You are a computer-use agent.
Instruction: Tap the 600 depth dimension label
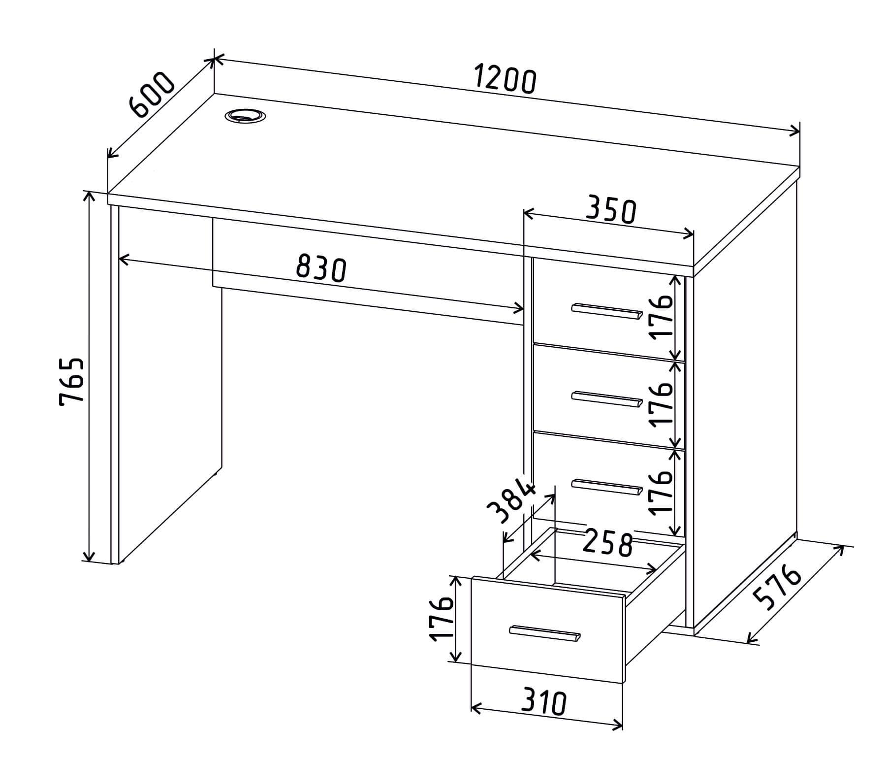[152, 95]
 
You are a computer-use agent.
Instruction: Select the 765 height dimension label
[72, 382]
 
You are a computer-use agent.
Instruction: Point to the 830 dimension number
[321, 269]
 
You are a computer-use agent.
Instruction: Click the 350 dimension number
[611, 210]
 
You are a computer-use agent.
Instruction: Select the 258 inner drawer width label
[607, 543]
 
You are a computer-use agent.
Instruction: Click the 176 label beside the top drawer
[661, 317]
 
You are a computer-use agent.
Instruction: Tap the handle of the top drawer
[607, 311]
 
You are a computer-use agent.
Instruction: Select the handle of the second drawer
[607, 399]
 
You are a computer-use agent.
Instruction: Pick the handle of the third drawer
[607, 486]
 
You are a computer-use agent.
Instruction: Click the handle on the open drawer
[545, 633]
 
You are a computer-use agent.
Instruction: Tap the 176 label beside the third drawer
[661, 492]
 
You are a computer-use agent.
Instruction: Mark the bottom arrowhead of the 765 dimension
[89, 556]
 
